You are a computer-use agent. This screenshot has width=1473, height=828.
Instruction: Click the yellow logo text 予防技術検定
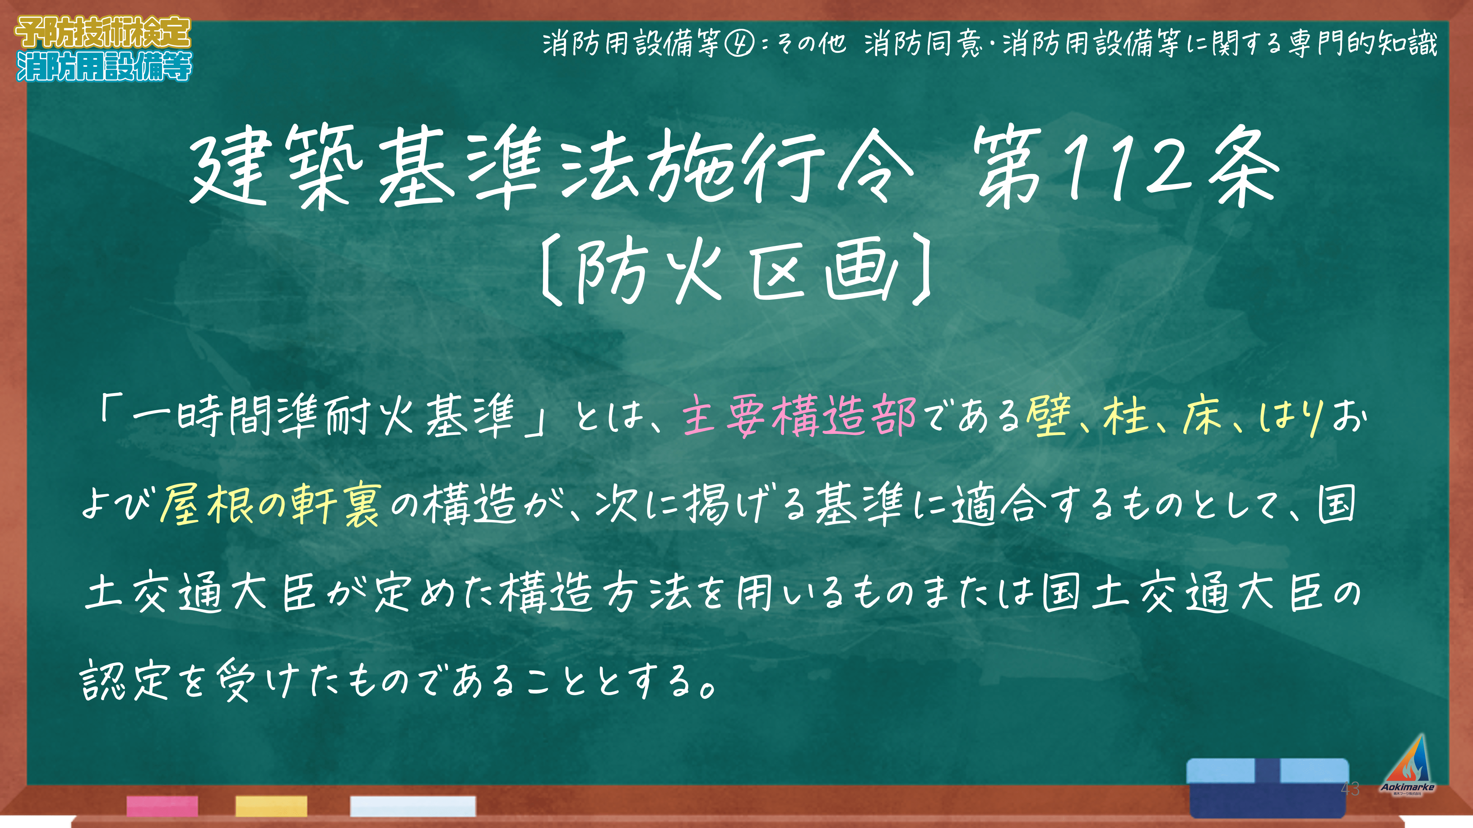(x=103, y=33)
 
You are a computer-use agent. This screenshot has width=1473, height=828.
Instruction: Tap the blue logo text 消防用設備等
(x=104, y=66)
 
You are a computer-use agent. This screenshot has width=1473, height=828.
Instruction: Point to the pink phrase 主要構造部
(x=799, y=416)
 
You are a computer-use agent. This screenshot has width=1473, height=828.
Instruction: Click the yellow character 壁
(x=1048, y=416)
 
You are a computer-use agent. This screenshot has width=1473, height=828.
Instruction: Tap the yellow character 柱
(x=1125, y=416)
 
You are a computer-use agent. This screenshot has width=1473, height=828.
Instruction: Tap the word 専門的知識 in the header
(x=1363, y=43)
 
